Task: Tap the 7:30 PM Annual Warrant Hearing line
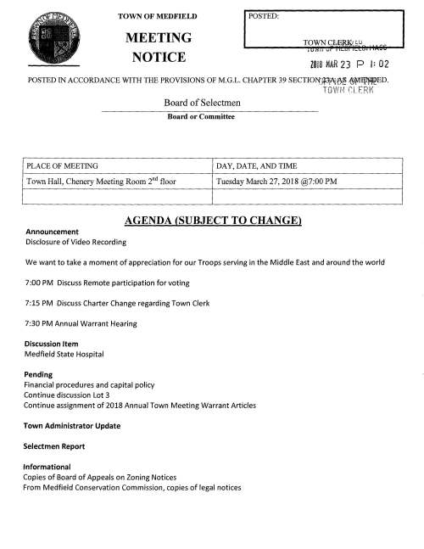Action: (81, 323)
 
